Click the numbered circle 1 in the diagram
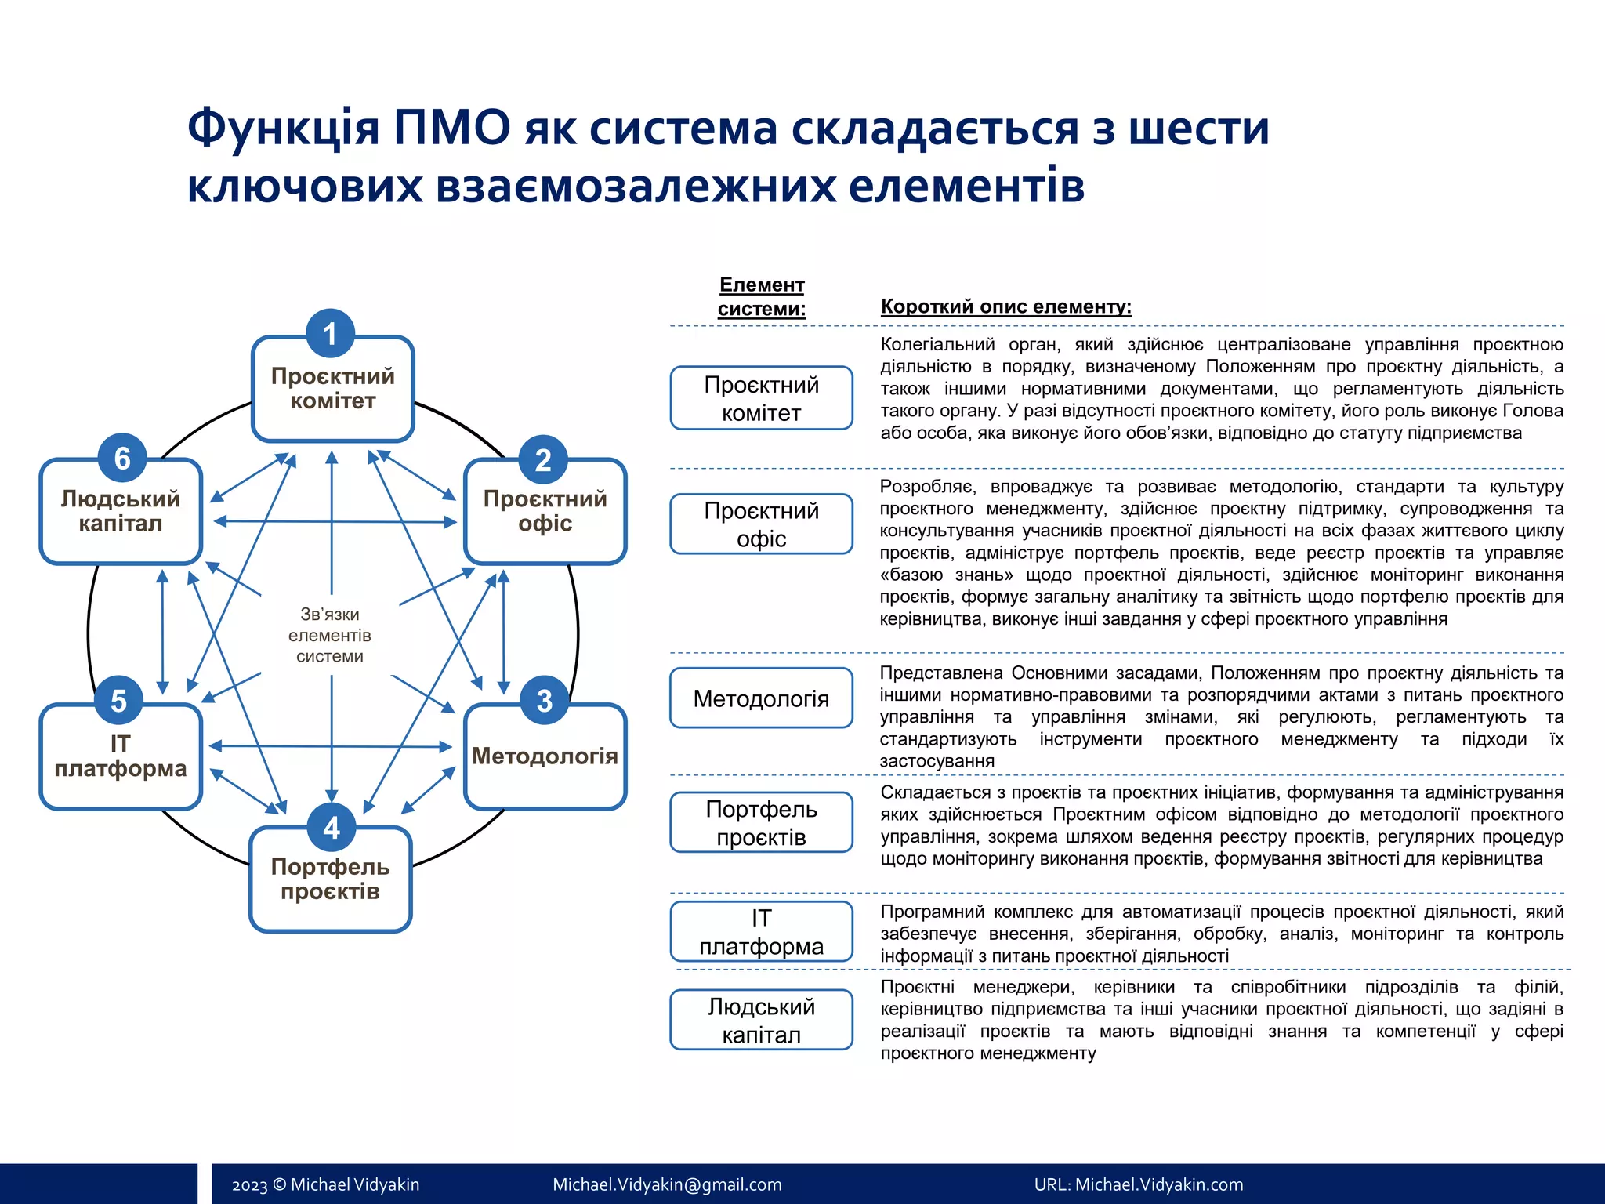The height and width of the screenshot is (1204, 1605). coord(330,334)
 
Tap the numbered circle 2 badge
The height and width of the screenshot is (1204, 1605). coord(543,460)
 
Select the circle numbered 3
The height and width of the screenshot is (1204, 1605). coord(544,701)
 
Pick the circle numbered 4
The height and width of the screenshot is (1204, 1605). coord(332,828)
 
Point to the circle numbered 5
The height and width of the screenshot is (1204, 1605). coord(118,701)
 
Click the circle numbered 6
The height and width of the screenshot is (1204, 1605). coord(122,459)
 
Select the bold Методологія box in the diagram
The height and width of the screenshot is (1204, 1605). coord(545,757)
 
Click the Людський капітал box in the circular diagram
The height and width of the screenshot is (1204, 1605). coord(121,512)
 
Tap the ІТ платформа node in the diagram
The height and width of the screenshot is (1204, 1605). coord(121,757)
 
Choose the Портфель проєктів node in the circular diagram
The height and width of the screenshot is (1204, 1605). coord(331,880)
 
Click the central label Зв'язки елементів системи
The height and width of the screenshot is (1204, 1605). coord(330,636)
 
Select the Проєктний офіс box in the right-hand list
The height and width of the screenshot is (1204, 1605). coord(761,524)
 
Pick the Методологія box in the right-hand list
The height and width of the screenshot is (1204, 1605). coord(761,698)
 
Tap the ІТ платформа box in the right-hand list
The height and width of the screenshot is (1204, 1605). coord(761,932)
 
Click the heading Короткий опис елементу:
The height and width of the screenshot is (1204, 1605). coord(1006,306)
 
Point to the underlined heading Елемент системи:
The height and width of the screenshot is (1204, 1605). coord(762,296)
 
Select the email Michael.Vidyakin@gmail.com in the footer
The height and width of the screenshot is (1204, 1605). coord(667,1184)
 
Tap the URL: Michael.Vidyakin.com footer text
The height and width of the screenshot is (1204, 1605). coord(1138,1184)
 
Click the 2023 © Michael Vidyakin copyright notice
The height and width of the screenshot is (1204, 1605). coord(325,1184)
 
